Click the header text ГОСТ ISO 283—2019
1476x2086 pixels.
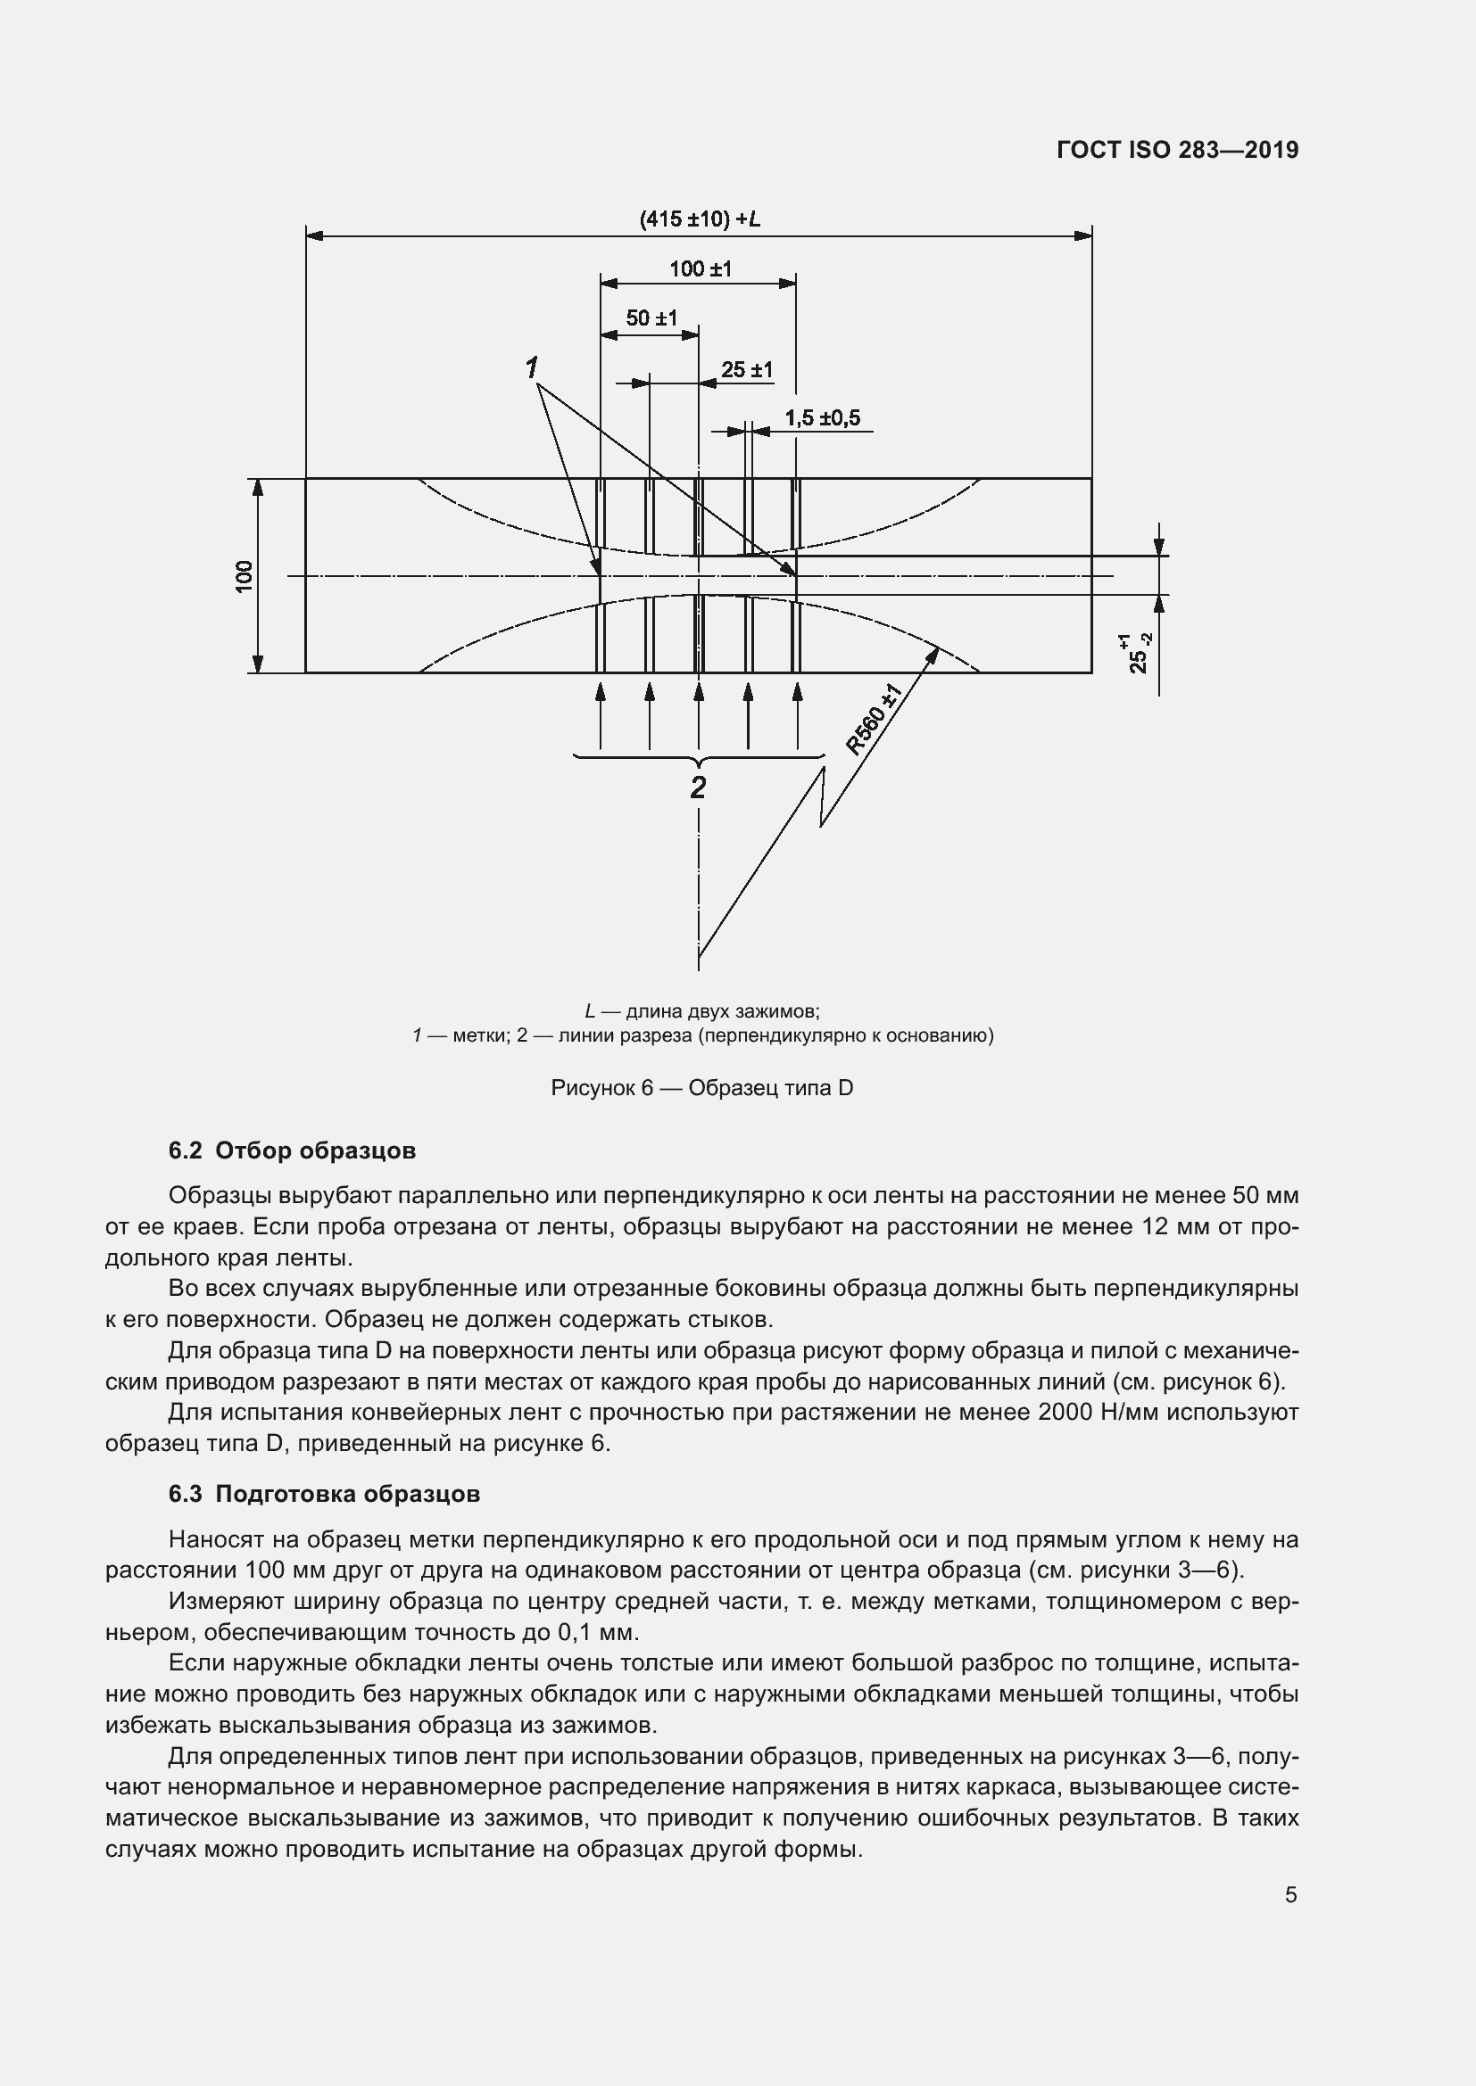1178,150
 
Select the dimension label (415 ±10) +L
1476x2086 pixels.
699,219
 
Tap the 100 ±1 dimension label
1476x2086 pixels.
700,269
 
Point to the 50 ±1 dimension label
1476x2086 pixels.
651,318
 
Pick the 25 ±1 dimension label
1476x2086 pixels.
746,370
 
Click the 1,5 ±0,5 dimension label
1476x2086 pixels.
822,418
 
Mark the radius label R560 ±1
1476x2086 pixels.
874,721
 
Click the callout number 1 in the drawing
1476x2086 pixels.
532,368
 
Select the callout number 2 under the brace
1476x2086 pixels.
698,787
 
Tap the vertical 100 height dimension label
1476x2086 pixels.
245,576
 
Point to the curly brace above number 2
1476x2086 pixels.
698,757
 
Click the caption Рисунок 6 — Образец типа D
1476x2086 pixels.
701,1088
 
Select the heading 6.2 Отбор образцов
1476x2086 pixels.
292,1151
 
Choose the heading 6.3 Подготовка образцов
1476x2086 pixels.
324,1495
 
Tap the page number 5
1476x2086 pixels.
1290,1895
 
